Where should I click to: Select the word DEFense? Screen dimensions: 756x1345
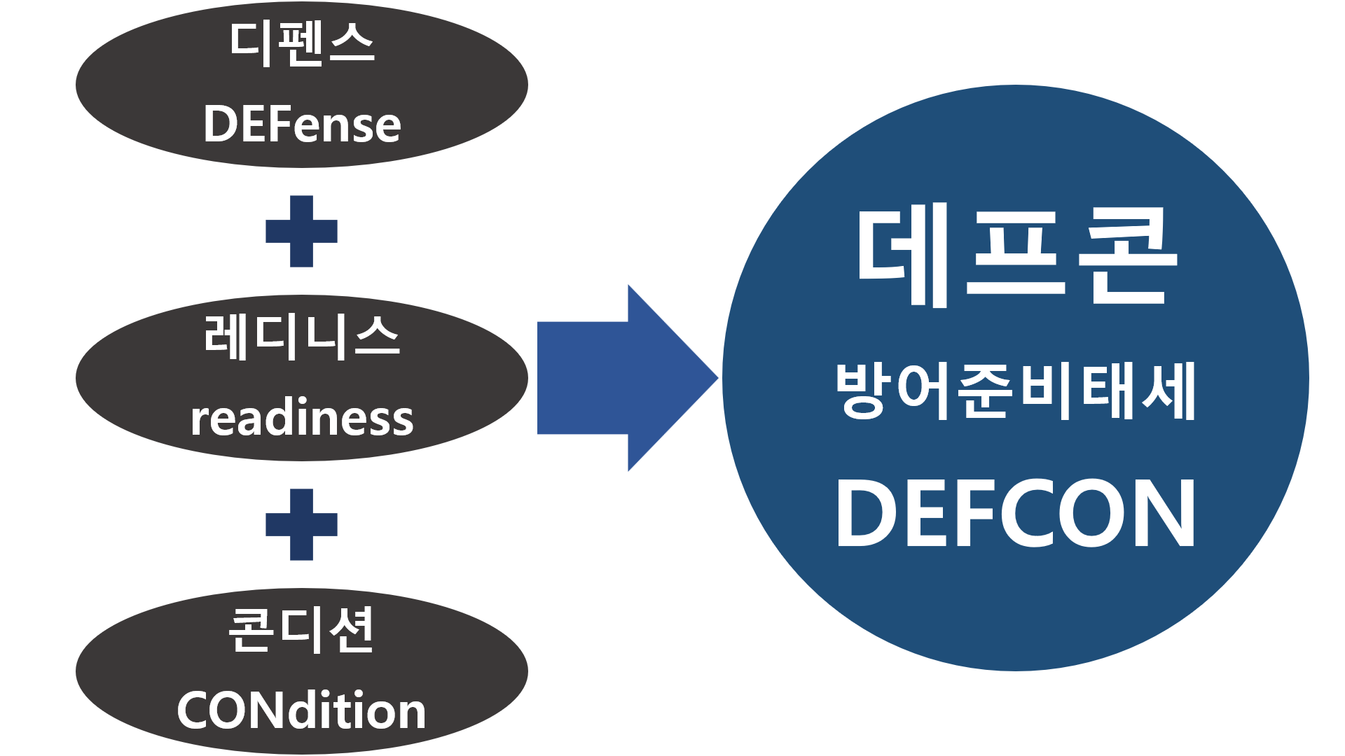coord(302,125)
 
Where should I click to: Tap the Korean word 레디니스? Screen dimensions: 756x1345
coord(302,337)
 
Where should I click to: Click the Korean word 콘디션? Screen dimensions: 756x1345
coord(302,630)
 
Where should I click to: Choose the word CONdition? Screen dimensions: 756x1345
coord(302,710)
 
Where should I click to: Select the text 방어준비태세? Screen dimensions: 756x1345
coord(1016,391)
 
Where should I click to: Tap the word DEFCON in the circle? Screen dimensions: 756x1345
coord(1016,514)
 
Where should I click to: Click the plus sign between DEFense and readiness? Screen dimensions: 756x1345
coord(301,231)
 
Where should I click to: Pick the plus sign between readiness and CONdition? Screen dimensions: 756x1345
coord(301,524)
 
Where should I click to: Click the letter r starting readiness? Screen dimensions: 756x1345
coord(198,420)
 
